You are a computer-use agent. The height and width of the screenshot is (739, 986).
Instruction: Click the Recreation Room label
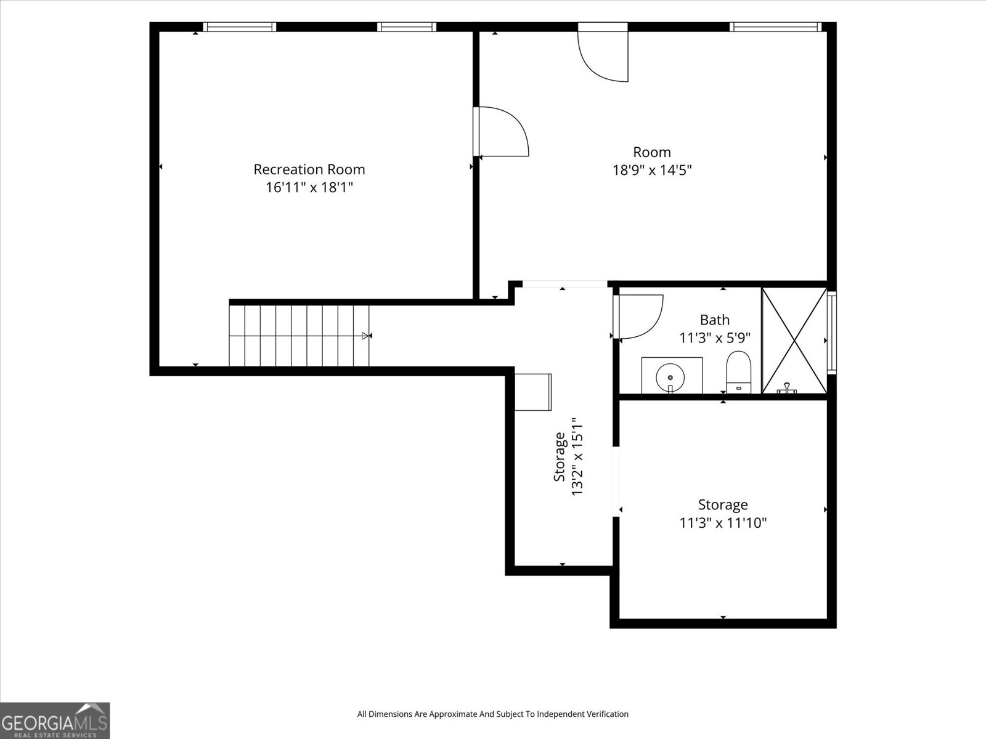point(309,169)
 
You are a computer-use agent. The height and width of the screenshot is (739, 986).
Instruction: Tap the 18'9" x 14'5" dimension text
point(652,170)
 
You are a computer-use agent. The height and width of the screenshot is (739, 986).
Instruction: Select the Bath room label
point(715,320)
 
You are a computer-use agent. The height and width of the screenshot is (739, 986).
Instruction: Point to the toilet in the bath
point(738,372)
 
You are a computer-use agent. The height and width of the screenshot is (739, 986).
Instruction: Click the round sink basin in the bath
point(670,378)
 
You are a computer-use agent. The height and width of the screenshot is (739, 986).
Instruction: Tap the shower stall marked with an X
point(794,341)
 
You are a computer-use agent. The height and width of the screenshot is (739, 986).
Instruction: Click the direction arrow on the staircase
point(367,336)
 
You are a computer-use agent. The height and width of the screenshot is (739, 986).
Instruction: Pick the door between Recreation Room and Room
point(501,131)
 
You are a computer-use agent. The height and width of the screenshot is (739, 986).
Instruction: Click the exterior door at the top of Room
point(603,52)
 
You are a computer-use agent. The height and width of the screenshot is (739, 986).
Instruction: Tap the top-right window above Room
point(775,27)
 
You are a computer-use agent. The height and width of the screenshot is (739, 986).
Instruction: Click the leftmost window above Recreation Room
point(240,27)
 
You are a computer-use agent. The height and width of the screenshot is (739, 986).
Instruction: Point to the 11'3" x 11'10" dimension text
point(723,523)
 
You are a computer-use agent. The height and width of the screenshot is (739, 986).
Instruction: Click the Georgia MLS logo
point(55,721)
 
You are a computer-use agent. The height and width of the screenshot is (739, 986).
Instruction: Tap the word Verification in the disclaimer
point(609,714)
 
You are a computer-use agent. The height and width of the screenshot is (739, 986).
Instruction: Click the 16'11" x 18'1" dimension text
point(309,187)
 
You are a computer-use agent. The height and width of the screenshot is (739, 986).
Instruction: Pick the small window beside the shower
point(832,333)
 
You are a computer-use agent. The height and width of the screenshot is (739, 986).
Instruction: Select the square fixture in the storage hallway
point(533,392)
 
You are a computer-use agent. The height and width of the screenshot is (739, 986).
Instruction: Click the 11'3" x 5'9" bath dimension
point(715,338)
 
